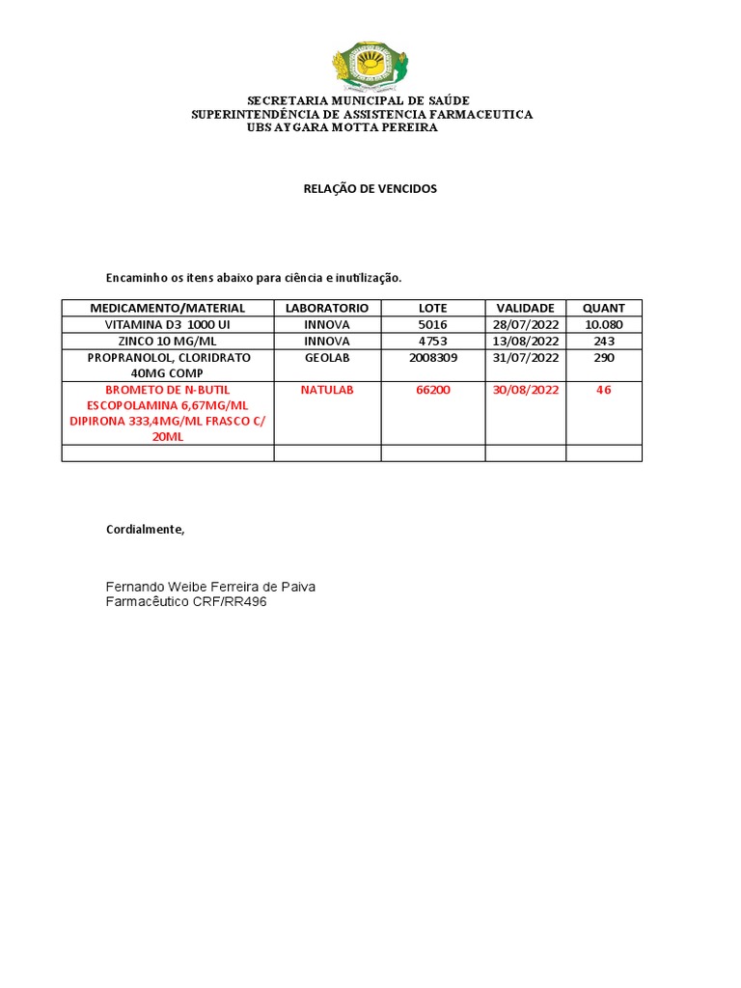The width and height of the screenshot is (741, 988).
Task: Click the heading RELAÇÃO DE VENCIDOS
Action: point(370,189)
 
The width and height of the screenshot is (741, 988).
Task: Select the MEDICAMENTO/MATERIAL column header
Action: point(168,308)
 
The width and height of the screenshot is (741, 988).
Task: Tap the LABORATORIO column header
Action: point(327,308)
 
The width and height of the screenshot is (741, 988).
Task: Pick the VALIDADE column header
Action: point(525,308)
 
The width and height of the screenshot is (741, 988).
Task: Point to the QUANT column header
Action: point(603,308)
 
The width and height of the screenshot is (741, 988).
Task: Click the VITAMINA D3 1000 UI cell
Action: point(168,324)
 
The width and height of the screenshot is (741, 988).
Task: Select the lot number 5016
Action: point(432,324)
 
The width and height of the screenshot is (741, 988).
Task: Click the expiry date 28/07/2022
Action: point(525,324)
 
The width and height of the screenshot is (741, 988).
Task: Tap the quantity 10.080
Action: point(603,324)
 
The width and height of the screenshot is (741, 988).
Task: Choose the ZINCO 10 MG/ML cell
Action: point(168,341)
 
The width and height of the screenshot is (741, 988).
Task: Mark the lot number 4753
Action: point(432,341)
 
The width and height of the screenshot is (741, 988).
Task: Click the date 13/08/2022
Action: point(525,341)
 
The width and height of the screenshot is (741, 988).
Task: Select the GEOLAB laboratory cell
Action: point(327,357)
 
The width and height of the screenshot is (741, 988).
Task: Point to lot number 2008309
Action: point(432,357)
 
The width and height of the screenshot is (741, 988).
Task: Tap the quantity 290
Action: point(603,357)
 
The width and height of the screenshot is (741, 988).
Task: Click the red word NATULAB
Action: point(327,390)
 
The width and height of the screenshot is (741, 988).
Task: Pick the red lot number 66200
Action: point(432,390)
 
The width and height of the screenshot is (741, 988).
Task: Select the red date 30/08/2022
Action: point(525,390)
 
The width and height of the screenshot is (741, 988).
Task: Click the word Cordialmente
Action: point(145,530)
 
